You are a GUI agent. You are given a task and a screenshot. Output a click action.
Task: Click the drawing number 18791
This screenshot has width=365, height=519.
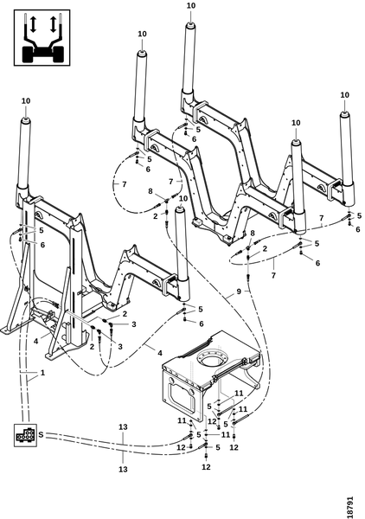(x=349, y=507)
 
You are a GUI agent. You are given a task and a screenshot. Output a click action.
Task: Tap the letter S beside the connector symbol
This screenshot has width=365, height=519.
(x=41, y=434)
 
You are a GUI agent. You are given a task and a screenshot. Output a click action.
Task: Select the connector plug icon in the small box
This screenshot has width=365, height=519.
(x=25, y=435)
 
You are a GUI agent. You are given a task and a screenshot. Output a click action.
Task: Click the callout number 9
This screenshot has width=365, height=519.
(x=240, y=292)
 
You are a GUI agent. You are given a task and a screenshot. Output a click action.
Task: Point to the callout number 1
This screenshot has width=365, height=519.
(x=42, y=373)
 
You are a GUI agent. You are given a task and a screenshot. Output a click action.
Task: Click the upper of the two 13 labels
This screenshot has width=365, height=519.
(x=123, y=427)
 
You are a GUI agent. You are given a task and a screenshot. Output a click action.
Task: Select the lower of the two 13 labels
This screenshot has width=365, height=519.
(x=123, y=469)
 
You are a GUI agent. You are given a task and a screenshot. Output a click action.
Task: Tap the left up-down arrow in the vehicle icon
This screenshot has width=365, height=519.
(x=33, y=24)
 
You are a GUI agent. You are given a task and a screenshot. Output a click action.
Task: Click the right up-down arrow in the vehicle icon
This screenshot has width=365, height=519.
(x=53, y=24)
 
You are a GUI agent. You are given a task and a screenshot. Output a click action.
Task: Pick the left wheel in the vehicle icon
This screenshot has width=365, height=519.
(x=29, y=54)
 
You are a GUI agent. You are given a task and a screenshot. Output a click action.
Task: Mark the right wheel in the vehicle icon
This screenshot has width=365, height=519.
(x=57, y=54)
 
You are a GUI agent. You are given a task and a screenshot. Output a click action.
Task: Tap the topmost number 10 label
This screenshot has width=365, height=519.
(x=191, y=6)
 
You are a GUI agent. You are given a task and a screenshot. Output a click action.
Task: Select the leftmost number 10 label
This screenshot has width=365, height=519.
(x=26, y=101)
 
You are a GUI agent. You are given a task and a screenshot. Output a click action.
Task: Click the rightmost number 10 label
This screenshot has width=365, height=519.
(x=345, y=95)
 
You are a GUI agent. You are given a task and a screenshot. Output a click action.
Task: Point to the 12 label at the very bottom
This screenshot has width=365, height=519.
(x=206, y=467)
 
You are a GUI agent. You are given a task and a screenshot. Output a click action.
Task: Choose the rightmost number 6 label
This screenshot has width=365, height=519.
(x=358, y=229)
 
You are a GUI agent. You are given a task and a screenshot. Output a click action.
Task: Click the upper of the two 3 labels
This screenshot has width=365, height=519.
(x=134, y=324)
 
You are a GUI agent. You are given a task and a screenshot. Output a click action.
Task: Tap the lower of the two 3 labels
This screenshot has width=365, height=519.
(x=120, y=347)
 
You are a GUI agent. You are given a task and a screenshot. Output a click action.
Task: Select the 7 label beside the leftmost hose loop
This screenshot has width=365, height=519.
(x=124, y=184)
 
